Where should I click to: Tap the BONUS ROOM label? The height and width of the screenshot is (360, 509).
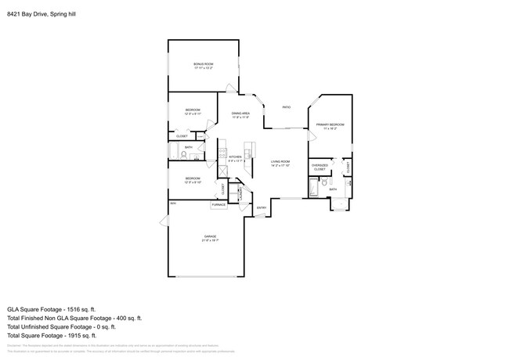tap(204, 64)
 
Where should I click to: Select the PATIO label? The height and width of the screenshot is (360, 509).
tap(287, 107)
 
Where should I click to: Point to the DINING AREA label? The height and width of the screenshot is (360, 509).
tap(240, 114)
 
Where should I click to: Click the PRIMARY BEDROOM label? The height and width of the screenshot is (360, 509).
tap(329, 125)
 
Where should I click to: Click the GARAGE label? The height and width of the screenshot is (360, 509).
tap(210, 236)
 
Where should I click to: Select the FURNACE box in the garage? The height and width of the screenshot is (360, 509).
tap(218, 205)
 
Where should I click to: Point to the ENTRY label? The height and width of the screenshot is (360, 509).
tap(262, 207)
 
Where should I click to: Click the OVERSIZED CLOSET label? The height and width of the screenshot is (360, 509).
tap(319, 167)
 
